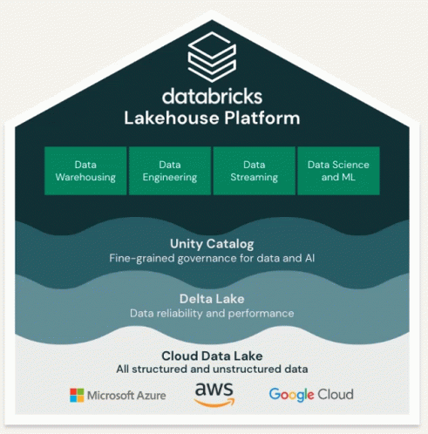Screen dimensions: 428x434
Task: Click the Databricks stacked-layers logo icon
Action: pyautogui.click(x=212, y=57)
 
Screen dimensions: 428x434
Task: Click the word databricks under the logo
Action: pyautogui.click(x=212, y=96)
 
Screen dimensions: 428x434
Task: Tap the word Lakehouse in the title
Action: pyautogui.click(x=172, y=118)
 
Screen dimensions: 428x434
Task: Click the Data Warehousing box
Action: pyautogui.click(x=85, y=171)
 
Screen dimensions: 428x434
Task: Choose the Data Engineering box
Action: pyautogui.click(x=170, y=171)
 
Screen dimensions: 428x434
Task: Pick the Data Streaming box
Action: pyautogui.click(x=255, y=171)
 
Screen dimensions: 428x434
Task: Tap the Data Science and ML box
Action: pyautogui.click(x=338, y=171)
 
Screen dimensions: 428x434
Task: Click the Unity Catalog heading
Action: pyautogui.click(x=212, y=244)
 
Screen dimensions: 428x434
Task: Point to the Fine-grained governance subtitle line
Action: pyautogui.click(x=212, y=258)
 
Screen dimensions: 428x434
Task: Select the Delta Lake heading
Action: pyautogui.click(x=212, y=299)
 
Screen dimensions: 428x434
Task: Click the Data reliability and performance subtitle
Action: pyautogui.click(x=212, y=314)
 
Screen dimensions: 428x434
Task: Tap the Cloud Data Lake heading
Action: pyautogui.click(x=212, y=356)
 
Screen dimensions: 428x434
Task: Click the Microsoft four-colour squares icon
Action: pyautogui.click(x=77, y=396)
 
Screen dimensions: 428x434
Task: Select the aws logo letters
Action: pyautogui.click(x=214, y=390)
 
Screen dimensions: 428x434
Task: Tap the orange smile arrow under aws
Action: pyautogui.click(x=214, y=403)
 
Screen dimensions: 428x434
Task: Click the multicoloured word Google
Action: pyautogui.click(x=291, y=395)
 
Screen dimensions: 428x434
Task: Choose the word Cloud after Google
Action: pyautogui.click(x=336, y=394)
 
